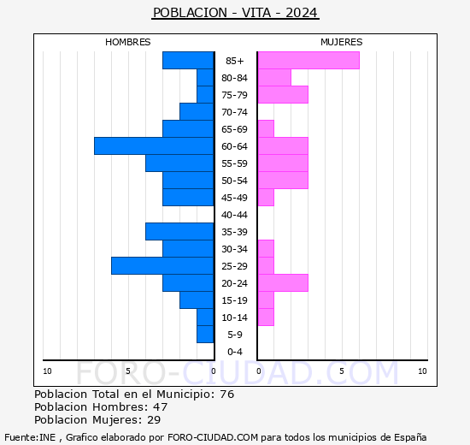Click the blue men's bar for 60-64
click(x=154, y=146)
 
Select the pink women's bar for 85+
click(x=308, y=61)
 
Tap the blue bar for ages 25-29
click(x=162, y=266)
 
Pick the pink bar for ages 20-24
click(x=283, y=283)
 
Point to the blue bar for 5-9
click(x=205, y=335)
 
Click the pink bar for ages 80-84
click(x=274, y=78)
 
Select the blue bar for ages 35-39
click(x=179, y=232)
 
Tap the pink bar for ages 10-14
click(x=266, y=317)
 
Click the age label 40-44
click(x=234, y=215)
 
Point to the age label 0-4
click(x=235, y=352)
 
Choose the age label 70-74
click(x=234, y=112)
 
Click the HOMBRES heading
click(x=127, y=42)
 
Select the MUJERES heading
click(x=342, y=42)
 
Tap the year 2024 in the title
click(x=302, y=13)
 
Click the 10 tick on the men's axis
click(x=47, y=371)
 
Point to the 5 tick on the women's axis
click(x=342, y=371)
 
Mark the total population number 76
click(x=227, y=395)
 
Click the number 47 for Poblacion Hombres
click(x=161, y=407)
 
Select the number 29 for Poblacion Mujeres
click(x=154, y=420)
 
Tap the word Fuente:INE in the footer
click(x=30, y=437)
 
